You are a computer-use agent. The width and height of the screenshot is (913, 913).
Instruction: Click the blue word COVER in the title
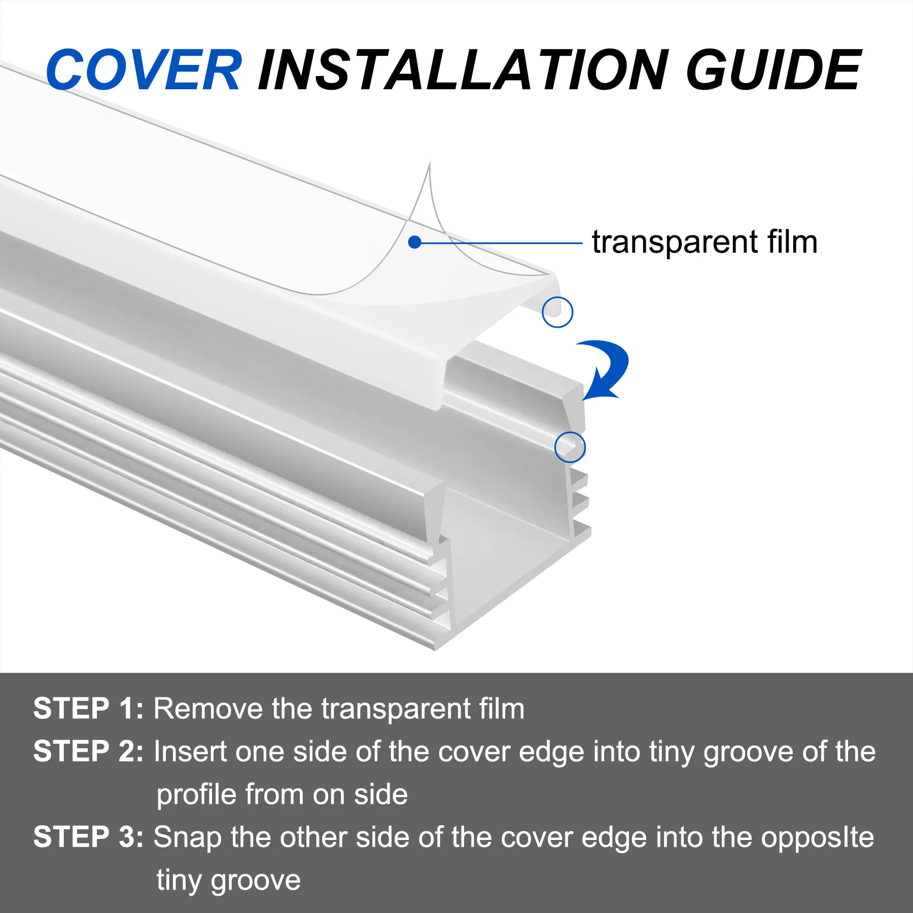coord(144,70)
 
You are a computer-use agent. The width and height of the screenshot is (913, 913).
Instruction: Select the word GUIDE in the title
coord(773,70)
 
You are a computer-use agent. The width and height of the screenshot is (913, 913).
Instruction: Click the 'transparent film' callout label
coord(704,242)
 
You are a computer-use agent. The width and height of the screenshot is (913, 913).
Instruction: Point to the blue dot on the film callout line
coord(414,242)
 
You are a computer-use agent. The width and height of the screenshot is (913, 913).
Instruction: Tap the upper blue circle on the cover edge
coord(557,312)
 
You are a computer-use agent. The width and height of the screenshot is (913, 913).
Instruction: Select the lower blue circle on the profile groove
coord(570,447)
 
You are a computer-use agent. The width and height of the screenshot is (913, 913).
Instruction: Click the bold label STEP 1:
coord(88,709)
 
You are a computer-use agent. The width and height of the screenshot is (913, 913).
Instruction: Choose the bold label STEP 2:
coord(88,751)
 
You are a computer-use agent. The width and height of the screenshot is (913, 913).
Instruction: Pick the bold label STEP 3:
coord(88,837)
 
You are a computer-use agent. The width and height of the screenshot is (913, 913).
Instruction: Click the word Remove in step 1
coord(208,709)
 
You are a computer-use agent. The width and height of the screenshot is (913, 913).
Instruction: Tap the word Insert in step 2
coord(190,751)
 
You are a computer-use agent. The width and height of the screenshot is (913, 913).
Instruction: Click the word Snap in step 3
coord(187,838)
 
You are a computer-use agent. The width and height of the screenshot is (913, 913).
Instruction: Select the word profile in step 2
coord(196,795)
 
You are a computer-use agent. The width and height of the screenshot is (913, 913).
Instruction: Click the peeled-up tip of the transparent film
coord(429,167)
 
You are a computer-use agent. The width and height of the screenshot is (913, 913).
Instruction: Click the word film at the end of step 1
coord(501,709)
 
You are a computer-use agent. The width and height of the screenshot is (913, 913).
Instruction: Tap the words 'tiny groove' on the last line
coord(228,881)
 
